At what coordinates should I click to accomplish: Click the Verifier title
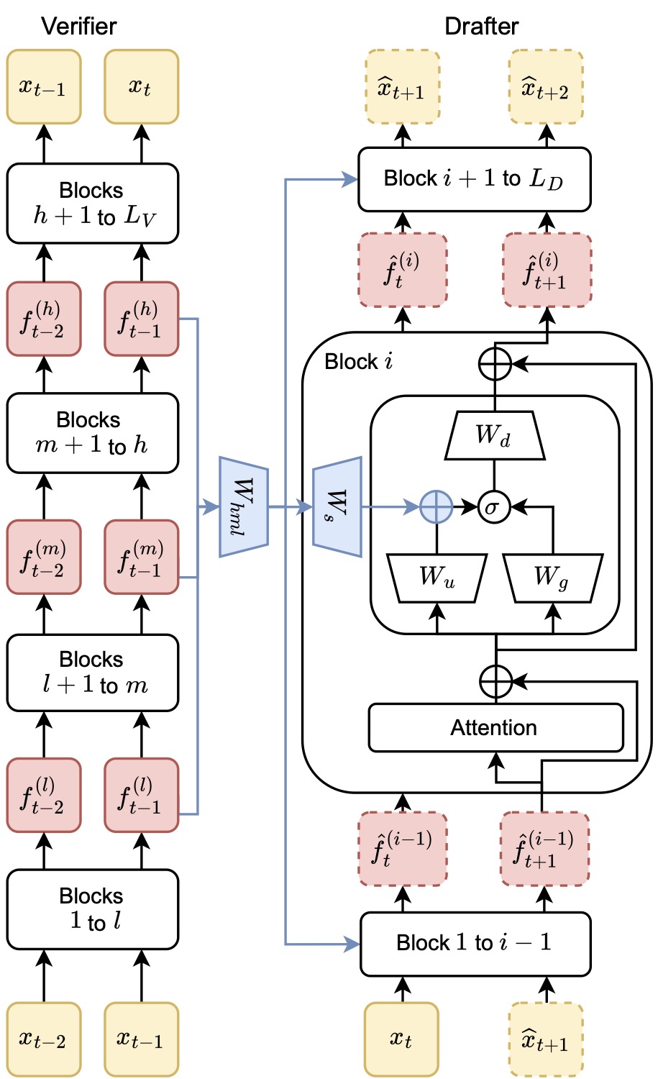(x=79, y=26)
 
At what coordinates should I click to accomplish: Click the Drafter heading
(x=481, y=26)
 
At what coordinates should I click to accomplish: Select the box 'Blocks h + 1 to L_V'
(x=93, y=204)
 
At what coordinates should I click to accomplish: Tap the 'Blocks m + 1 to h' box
(x=93, y=433)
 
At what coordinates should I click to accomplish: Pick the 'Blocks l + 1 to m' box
(x=93, y=673)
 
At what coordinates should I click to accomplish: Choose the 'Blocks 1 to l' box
(x=93, y=909)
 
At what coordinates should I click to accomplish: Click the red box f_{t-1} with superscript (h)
(x=142, y=319)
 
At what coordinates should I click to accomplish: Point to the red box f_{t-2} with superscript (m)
(x=44, y=557)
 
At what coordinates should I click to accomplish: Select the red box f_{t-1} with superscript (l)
(x=142, y=795)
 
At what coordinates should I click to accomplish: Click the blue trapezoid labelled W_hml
(x=244, y=506)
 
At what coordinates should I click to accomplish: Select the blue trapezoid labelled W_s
(x=337, y=506)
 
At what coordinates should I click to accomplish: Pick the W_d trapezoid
(x=495, y=435)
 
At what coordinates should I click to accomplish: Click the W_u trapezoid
(x=437, y=578)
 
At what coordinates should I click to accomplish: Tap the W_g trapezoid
(x=552, y=578)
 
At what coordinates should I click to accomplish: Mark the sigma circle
(x=494, y=506)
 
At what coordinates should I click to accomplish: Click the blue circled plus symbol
(x=436, y=506)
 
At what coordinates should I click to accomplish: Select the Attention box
(x=495, y=727)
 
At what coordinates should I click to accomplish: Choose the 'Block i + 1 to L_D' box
(x=475, y=179)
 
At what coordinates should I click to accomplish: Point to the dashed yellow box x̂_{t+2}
(x=547, y=87)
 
